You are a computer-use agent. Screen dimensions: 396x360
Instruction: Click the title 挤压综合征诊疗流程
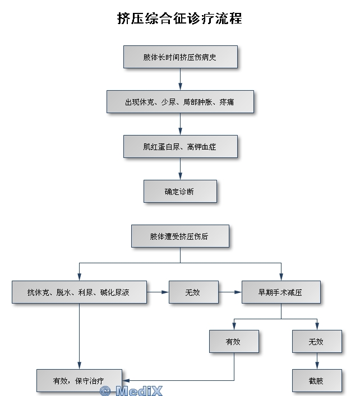pyautogui.click(x=179, y=18)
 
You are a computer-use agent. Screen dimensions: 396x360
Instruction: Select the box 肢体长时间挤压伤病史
pyautogui.click(x=181, y=57)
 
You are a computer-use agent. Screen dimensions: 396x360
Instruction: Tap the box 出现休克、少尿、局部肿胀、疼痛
pyautogui.click(x=180, y=102)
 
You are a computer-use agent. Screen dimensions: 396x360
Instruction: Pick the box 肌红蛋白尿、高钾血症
pyautogui.click(x=180, y=147)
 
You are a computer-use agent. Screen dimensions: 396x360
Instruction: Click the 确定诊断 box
pyautogui.click(x=180, y=192)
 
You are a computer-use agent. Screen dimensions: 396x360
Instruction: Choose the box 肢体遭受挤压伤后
pyautogui.click(x=180, y=236)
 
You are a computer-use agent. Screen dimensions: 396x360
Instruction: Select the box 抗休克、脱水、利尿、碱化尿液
pyautogui.click(x=79, y=292)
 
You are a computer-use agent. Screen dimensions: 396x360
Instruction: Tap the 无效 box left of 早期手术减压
pyautogui.click(x=193, y=292)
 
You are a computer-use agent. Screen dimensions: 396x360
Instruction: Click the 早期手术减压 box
pyautogui.click(x=281, y=292)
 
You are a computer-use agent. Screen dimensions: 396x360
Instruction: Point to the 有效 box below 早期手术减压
pyautogui.click(x=234, y=342)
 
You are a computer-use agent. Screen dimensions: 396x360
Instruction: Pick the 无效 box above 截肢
pyautogui.click(x=317, y=342)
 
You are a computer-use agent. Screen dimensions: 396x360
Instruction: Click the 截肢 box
pyautogui.click(x=317, y=381)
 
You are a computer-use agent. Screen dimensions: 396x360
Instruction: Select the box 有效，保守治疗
pyautogui.click(x=79, y=381)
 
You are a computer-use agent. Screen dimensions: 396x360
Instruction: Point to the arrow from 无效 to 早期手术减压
pyautogui.click(x=230, y=292)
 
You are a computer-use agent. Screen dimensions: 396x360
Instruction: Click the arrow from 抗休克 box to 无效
pyautogui.click(x=158, y=292)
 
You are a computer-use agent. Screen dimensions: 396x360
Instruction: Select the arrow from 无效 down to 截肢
pyautogui.click(x=317, y=361)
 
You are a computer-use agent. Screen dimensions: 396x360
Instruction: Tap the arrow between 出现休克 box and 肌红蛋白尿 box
pyautogui.click(x=180, y=124)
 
